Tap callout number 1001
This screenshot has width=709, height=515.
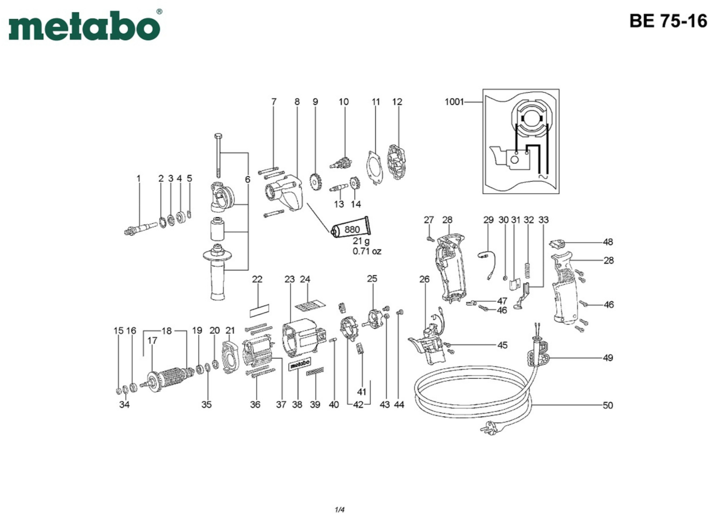tap(454, 102)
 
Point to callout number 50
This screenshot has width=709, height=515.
tap(608, 405)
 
